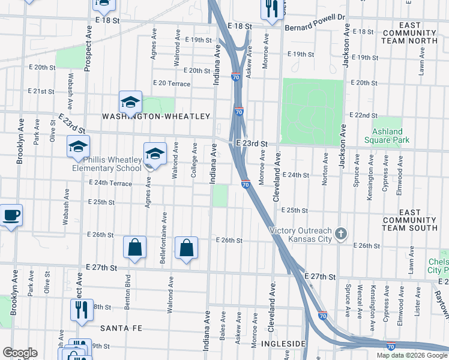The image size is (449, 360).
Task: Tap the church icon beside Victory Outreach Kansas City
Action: [x=341, y=234]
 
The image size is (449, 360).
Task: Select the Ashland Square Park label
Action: [x=387, y=136]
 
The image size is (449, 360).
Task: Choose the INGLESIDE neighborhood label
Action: [x=280, y=344]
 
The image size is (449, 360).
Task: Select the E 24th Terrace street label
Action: [x=110, y=182]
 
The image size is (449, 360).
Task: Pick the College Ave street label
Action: [x=194, y=160]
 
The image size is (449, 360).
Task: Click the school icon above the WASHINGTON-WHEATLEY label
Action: [x=130, y=102]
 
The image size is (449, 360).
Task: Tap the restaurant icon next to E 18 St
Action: [x=271, y=9]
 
